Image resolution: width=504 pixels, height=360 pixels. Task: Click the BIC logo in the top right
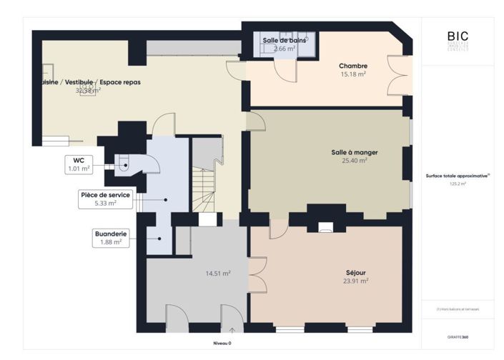click(458, 39)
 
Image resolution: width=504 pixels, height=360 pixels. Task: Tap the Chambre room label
click(352, 66)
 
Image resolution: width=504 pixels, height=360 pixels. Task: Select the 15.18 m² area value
click(352, 74)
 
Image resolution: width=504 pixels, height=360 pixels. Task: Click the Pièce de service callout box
click(104, 199)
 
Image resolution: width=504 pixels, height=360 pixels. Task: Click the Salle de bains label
click(284, 41)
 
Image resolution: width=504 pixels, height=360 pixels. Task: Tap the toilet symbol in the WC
click(124, 165)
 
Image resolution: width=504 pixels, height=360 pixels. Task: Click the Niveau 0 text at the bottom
click(222, 344)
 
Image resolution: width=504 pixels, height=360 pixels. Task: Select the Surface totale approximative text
click(457, 176)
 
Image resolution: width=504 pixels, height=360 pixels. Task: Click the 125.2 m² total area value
click(458, 184)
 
